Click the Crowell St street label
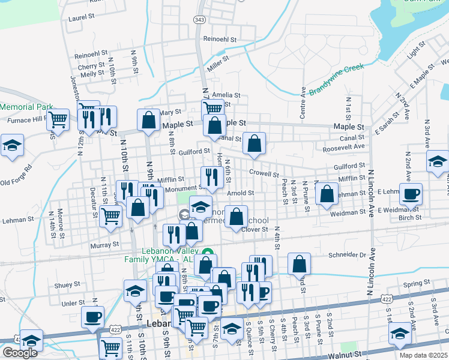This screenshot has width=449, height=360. click(x=264, y=174)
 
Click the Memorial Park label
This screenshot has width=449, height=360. click(x=27, y=107)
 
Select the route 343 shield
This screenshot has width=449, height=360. click(x=200, y=20)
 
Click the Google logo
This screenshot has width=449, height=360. click(x=20, y=353)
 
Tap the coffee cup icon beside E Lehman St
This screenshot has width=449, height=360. click(x=411, y=193)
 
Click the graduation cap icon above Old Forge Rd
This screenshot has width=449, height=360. click(x=11, y=145)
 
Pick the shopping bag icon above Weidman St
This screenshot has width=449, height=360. click(x=326, y=193)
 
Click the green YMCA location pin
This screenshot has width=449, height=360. click(x=207, y=252)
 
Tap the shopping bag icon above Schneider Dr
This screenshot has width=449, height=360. click(x=299, y=263)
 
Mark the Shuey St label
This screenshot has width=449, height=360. click(x=67, y=285)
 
